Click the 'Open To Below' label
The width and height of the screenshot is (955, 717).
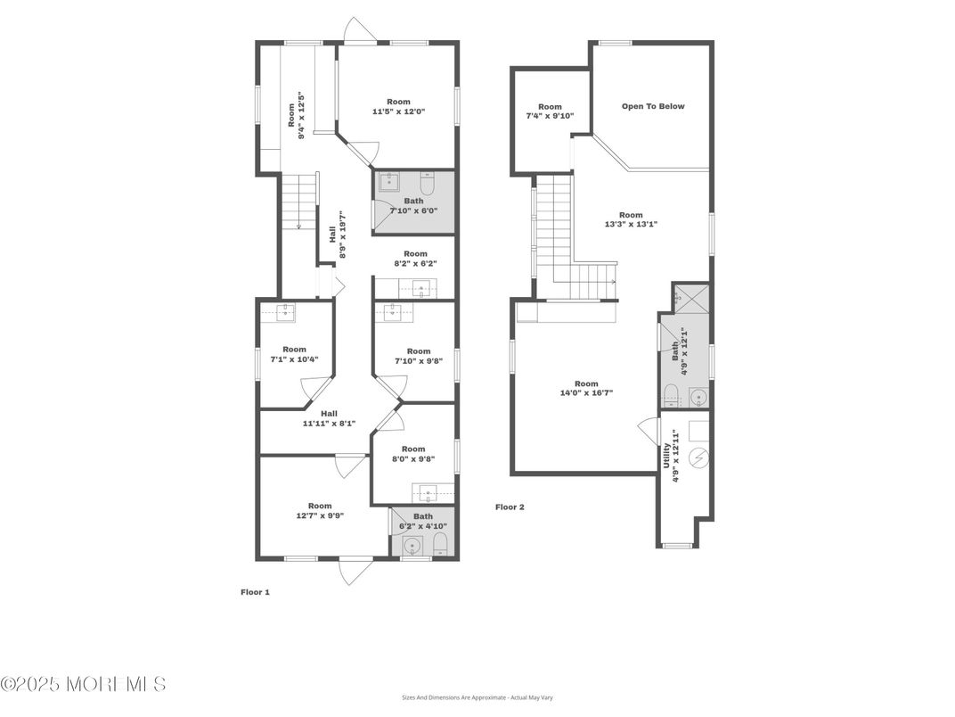click(x=652, y=106)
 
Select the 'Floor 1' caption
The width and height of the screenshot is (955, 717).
click(x=255, y=592)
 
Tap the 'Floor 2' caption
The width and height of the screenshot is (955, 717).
click(x=510, y=507)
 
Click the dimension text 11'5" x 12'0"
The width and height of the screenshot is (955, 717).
click(x=397, y=112)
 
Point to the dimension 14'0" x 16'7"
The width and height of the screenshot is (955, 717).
click(x=585, y=393)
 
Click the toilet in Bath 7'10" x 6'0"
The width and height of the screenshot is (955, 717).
click(x=427, y=185)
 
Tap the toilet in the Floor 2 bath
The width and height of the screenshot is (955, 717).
click(x=673, y=394)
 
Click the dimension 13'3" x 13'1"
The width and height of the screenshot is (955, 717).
click(x=631, y=225)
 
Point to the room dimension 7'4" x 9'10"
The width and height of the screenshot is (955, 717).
click(x=550, y=116)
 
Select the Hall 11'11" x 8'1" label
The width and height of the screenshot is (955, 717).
click(x=329, y=418)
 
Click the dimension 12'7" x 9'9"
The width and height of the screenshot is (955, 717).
click(x=319, y=515)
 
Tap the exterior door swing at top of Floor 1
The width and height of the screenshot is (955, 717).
click(x=360, y=31)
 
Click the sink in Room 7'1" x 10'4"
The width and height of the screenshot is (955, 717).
click(x=286, y=312)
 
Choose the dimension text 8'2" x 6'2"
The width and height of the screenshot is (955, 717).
click(x=415, y=264)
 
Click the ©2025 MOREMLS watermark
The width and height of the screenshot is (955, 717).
click(x=83, y=684)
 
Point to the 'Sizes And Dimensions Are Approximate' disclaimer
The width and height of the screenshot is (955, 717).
click(x=477, y=697)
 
